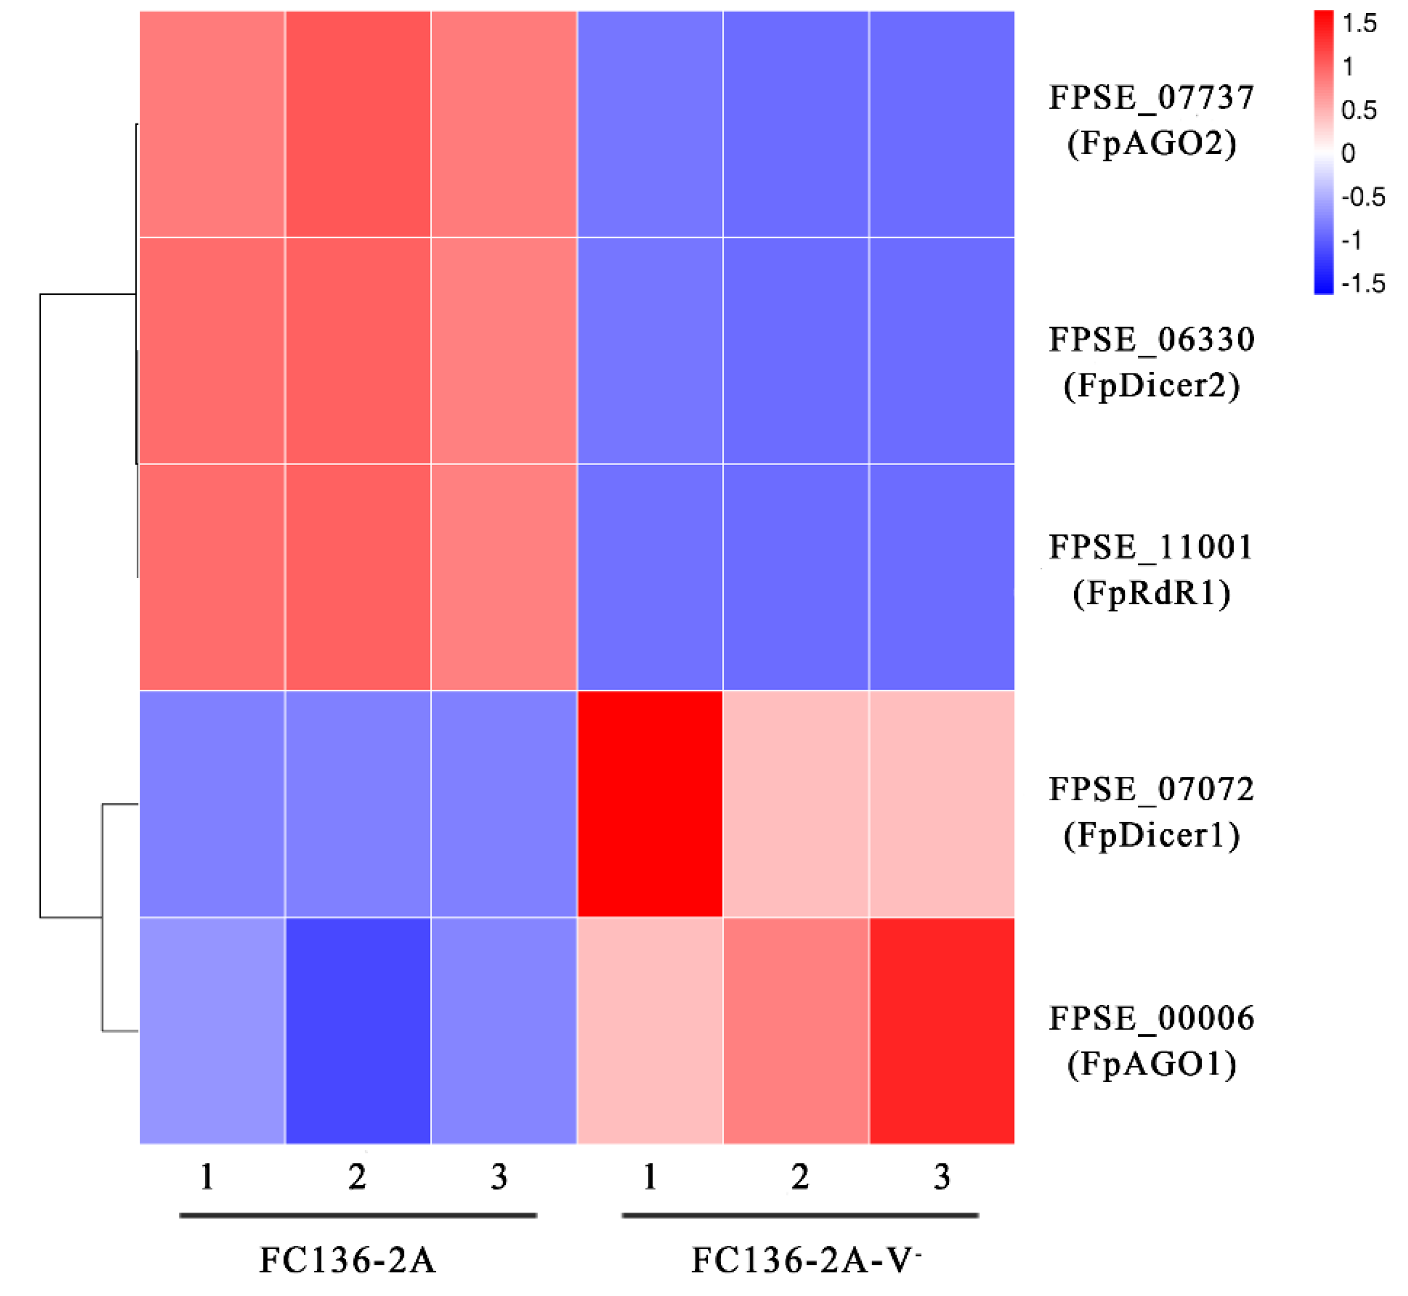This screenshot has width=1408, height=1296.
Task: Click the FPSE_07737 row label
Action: [x=1150, y=98]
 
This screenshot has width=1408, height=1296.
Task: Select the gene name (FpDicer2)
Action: [x=1150, y=386]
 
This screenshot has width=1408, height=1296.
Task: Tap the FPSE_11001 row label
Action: [x=1150, y=547]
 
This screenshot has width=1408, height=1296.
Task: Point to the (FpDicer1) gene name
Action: [x=1150, y=835]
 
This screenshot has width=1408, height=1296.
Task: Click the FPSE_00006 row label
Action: [x=1150, y=1018]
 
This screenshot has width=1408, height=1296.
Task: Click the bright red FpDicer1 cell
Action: [x=650, y=804]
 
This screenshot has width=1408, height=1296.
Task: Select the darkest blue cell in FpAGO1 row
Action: [x=357, y=1031]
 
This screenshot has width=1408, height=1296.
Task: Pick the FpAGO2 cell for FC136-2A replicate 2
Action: [x=357, y=124]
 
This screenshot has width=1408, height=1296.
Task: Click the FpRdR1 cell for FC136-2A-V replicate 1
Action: [x=650, y=577]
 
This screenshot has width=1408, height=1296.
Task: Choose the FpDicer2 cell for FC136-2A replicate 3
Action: [x=504, y=350]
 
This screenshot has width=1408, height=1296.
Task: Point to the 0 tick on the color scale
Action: [x=1348, y=153]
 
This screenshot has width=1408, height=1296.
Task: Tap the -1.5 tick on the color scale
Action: [x=1363, y=283]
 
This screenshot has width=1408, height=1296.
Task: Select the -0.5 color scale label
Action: [x=1363, y=197]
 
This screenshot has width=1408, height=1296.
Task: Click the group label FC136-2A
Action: [x=348, y=1260]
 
